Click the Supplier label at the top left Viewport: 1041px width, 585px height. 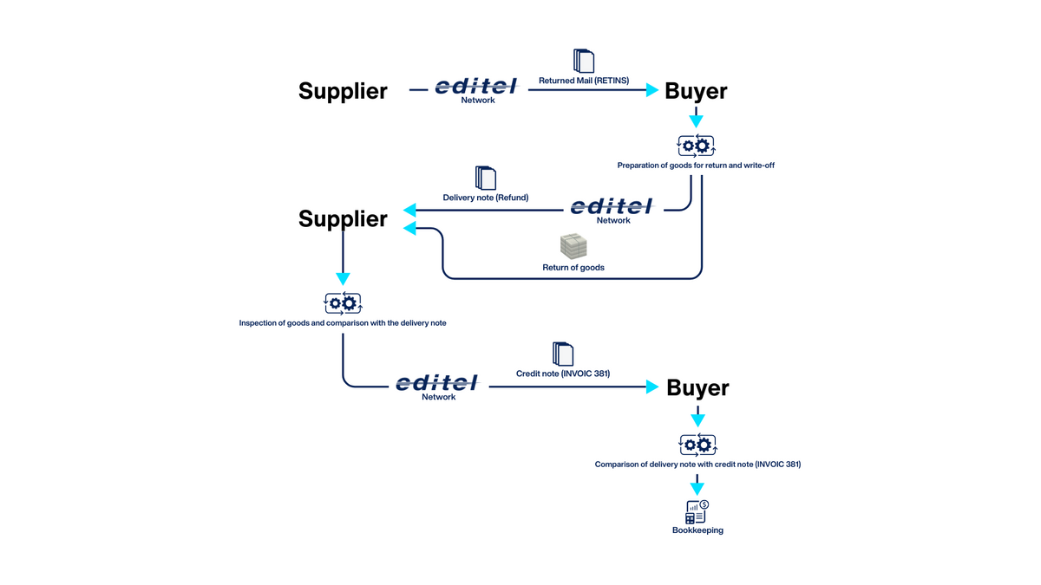[343, 91]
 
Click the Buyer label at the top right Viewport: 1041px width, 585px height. [696, 91]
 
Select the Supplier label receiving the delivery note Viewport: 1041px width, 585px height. [343, 218]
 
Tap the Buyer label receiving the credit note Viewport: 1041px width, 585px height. [697, 387]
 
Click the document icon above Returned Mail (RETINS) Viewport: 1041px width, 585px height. [584, 62]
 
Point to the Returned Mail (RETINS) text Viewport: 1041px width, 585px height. [584, 81]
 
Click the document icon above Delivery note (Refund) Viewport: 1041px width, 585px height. [486, 179]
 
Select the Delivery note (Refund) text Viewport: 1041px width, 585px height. [486, 198]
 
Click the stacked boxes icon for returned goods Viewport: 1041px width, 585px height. [573, 246]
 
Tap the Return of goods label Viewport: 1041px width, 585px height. [573, 268]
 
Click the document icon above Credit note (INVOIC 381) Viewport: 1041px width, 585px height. [563, 354]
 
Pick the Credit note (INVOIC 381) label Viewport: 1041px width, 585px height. [563, 374]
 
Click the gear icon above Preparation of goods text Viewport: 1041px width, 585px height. [696, 146]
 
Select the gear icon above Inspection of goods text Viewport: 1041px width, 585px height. [343, 303]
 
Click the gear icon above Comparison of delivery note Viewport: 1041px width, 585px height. [697, 445]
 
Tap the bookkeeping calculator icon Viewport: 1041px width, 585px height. [697, 511]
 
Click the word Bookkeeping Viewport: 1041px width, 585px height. [697, 530]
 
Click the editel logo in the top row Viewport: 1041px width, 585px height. [476, 87]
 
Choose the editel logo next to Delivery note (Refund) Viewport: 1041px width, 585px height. [612, 207]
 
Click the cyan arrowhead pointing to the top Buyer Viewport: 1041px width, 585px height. [652, 89]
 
